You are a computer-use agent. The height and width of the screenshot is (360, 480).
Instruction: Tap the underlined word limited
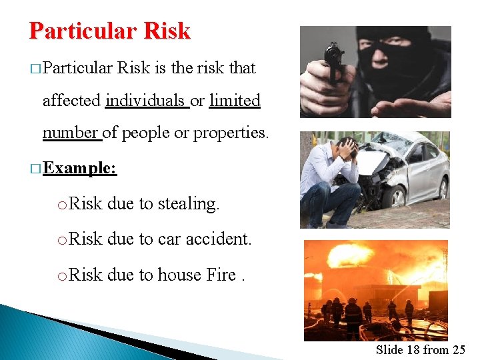[x=235, y=101]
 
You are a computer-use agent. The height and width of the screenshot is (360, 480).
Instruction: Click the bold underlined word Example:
[x=80, y=168]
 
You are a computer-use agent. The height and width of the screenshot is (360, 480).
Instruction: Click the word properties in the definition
[x=231, y=133]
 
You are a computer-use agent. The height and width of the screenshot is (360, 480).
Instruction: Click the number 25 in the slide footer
[x=459, y=349]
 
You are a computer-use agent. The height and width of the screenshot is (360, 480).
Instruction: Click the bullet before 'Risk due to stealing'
[x=61, y=205]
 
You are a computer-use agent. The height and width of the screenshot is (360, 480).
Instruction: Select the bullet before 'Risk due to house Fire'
[x=61, y=275]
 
